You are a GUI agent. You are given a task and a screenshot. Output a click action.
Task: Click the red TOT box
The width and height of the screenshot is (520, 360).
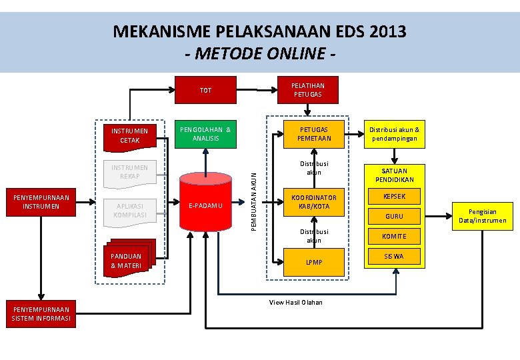[x=205, y=90]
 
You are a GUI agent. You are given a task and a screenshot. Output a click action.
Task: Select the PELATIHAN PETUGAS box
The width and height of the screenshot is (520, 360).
[x=307, y=90]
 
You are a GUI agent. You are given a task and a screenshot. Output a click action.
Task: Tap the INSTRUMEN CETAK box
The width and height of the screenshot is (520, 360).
[x=130, y=135]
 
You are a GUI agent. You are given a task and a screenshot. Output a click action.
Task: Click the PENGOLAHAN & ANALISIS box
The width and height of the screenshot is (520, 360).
[x=206, y=134]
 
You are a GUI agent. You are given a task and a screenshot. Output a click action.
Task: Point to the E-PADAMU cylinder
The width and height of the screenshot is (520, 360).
[x=206, y=206]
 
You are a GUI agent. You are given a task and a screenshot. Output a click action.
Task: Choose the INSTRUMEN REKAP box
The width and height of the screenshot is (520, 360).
[x=130, y=172]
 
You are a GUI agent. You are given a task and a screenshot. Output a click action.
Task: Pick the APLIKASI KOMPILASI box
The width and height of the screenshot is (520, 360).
[x=130, y=211]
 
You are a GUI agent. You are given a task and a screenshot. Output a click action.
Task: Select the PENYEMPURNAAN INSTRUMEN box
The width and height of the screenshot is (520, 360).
[x=41, y=202]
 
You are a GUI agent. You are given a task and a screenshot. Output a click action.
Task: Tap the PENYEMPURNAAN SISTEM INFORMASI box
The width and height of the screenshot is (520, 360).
[x=41, y=313]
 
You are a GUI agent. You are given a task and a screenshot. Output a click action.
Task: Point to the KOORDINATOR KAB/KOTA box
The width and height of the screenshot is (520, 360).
[x=314, y=202]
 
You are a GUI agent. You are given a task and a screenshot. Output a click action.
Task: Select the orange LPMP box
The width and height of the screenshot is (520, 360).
[x=314, y=262]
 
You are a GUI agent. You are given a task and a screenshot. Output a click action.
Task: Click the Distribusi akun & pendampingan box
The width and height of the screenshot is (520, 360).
[x=394, y=134]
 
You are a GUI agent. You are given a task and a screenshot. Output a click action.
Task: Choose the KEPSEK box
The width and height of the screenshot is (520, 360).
[x=394, y=197]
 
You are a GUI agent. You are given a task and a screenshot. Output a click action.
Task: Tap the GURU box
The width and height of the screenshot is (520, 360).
[x=394, y=216]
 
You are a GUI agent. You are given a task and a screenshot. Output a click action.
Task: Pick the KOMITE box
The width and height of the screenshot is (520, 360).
[x=394, y=236]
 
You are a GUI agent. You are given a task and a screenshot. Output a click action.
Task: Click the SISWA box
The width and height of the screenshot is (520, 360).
[x=394, y=256]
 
